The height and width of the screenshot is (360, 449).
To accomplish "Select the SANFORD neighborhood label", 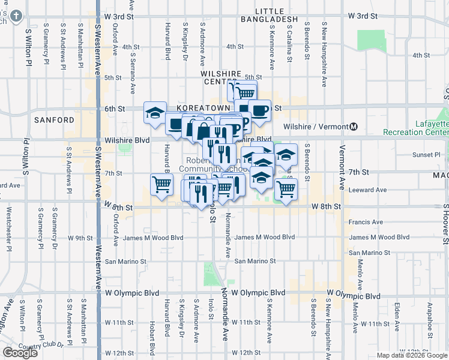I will coord(54,120).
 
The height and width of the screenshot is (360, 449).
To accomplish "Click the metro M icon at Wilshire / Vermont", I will coord(354,127).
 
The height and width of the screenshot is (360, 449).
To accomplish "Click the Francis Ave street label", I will coord(365,222).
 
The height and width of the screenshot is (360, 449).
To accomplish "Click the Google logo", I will coord(20,352).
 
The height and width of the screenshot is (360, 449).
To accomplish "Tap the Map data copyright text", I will coord(412,355).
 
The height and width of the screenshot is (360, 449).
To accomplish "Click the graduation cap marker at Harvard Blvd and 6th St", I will coord(155,112).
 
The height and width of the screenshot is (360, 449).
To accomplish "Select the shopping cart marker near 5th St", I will coord(245,92).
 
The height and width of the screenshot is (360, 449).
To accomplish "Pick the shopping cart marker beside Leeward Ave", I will coord(286,188).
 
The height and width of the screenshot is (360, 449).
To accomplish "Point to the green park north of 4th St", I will coord(372,40).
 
